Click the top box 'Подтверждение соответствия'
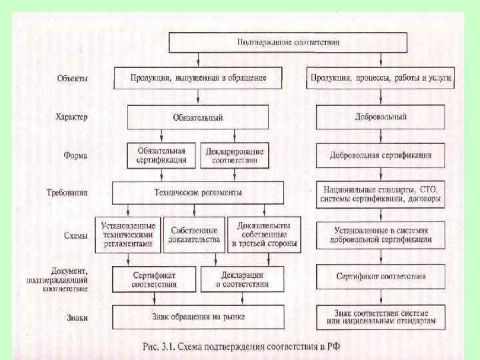tap(288, 42)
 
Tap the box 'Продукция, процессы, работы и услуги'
tap(381, 78)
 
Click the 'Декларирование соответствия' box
tap(234, 155)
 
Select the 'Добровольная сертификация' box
tap(381, 155)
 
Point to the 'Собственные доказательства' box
tap(194, 235)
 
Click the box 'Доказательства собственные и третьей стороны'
tap(263, 235)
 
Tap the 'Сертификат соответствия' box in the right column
tap(381, 276)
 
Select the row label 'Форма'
tap(75, 156)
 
